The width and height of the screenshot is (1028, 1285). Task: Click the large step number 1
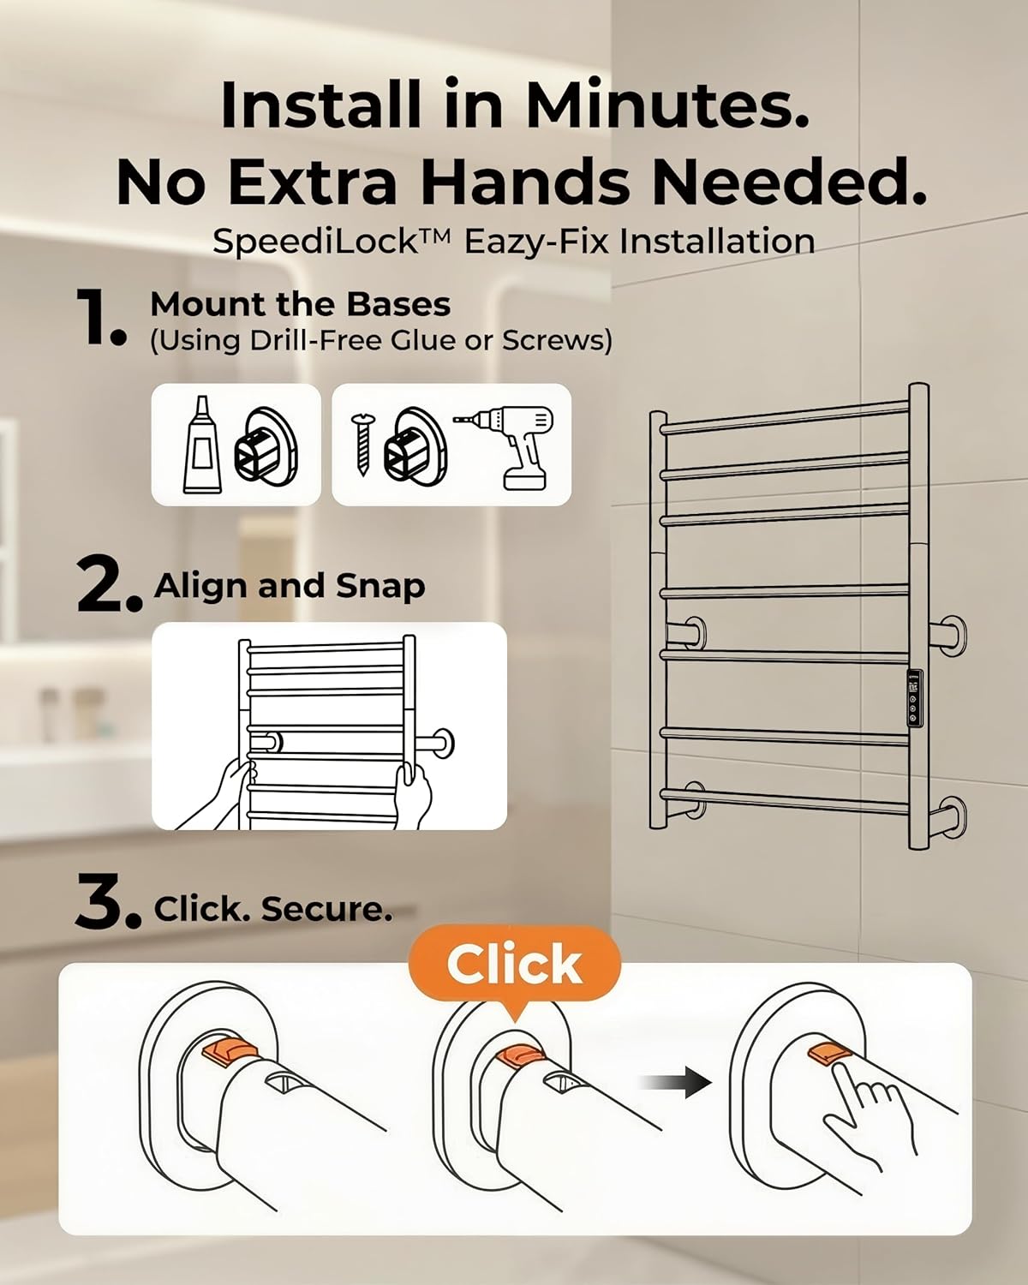tap(100, 317)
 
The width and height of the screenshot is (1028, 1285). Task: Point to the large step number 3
tap(106, 903)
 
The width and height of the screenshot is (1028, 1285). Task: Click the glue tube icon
tap(202, 445)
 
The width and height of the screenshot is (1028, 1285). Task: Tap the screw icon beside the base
tap(362, 445)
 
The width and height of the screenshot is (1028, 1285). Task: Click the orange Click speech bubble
tap(514, 964)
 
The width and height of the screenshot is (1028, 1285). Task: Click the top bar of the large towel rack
tap(784, 417)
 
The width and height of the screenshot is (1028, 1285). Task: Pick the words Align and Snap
tap(290, 586)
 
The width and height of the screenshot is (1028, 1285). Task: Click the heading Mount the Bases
tap(300, 304)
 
